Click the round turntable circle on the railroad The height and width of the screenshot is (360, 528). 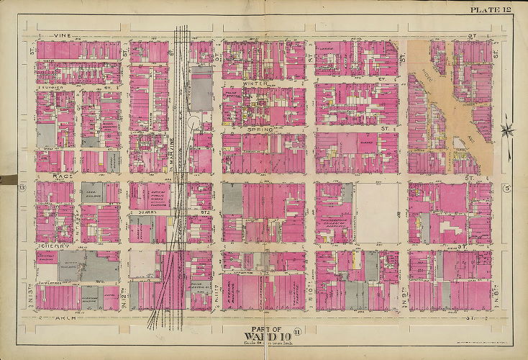(194, 124)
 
